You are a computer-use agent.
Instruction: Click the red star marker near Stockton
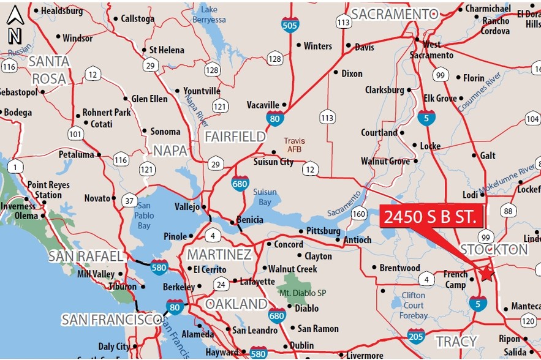point(486,274)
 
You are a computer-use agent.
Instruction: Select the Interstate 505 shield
point(290,24)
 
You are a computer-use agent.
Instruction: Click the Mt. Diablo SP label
point(303,293)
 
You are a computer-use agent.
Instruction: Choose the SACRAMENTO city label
point(388,14)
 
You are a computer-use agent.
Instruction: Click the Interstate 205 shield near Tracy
point(415,336)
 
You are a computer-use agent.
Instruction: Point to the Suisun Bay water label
point(264,197)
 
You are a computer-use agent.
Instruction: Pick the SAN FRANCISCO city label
point(110,320)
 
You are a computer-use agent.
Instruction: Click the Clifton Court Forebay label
point(414,306)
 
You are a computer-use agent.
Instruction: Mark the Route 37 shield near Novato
point(129,200)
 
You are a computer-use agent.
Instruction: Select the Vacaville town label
point(263,105)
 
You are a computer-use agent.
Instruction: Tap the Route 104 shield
point(532,118)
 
